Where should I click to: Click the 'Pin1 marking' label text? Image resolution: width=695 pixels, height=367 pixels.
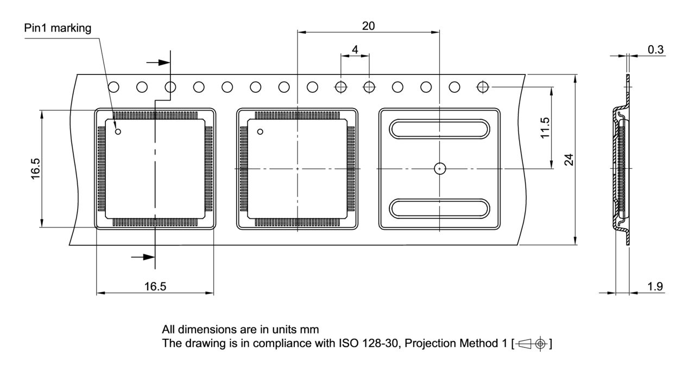click(58, 28)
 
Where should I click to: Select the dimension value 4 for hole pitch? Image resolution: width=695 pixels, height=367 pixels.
click(355, 49)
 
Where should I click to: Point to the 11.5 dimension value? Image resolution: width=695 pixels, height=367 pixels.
click(547, 128)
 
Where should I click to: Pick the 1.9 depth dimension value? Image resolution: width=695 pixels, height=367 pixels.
click(655, 286)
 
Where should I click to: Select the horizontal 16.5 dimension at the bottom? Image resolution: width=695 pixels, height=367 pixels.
click(155, 287)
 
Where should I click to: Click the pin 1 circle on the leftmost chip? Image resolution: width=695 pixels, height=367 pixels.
click(118, 131)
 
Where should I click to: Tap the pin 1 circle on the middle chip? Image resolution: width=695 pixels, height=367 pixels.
click(260, 131)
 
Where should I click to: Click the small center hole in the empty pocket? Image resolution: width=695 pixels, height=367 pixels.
click(439, 169)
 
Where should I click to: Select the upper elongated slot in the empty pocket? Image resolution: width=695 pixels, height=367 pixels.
click(439, 130)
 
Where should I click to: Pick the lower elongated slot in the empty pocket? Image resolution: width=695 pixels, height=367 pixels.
click(439, 207)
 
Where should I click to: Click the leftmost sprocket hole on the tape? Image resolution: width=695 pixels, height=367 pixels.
click(114, 86)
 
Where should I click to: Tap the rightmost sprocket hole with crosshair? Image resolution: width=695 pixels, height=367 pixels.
click(482, 86)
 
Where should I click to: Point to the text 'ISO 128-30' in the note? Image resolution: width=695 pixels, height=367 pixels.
click(375, 343)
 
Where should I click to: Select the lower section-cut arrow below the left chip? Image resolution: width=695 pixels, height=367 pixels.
click(144, 256)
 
